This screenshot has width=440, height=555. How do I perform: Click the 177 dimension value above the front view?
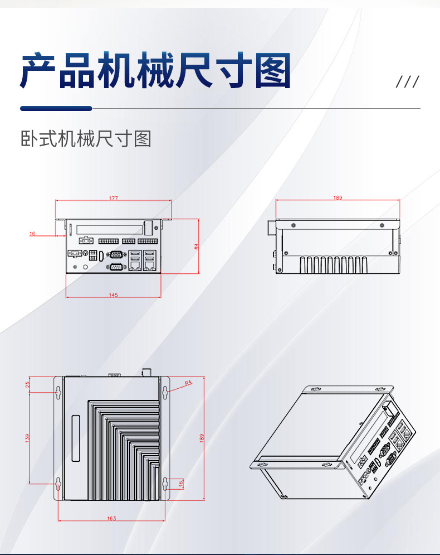tap(114, 198)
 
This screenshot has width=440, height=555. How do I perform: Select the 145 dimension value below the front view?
tap(114, 295)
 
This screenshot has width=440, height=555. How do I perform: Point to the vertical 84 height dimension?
tap(197, 246)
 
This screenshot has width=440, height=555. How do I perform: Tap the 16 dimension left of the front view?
tap(32, 234)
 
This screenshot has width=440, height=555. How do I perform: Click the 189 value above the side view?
tap(338, 197)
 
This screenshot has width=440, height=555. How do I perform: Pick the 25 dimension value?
tap(28, 384)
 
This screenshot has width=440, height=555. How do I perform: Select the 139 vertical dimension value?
tap(28, 438)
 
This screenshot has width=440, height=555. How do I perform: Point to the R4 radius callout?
tap(188, 383)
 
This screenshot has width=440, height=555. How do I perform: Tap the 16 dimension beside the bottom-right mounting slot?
tap(181, 484)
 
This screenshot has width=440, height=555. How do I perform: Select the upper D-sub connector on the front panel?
tap(116, 255)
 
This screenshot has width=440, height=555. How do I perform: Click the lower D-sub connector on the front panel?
tap(116, 268)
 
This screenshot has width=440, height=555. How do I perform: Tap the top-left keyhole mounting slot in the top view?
tap(58, 393)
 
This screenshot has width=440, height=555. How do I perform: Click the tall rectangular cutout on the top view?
tap(76, 438)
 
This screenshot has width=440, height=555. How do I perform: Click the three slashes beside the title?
tap(407, 82)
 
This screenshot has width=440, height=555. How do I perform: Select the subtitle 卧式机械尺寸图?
tap(86, 138)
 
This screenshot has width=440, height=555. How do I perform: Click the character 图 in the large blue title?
tap(273, 71)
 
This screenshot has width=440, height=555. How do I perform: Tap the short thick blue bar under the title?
tap(56, 108)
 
